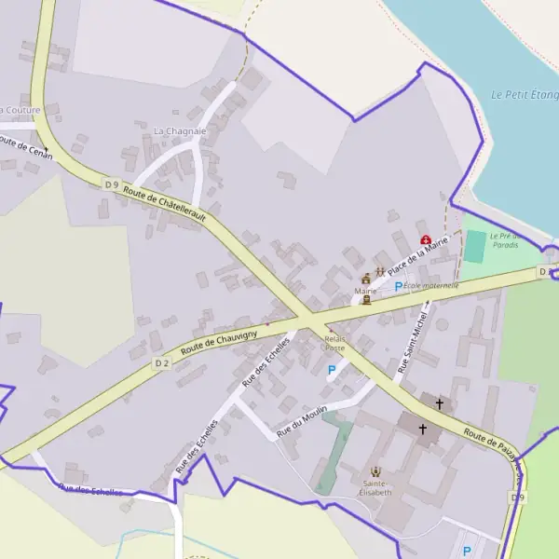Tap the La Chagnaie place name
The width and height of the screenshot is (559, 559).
pyautogui.click(x=179, y=131)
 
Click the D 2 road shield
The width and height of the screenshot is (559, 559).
pyautogui.click(x=162, y=361)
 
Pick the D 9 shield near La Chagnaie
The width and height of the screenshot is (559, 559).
pyautogui.click(x=112, y=184)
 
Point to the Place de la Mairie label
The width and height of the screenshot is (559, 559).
pyautogui.click(x=419, y=256)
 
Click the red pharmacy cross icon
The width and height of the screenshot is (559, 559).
pyautogui.click(x=426, y=239)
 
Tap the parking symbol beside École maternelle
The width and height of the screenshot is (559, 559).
pyautogui.click(x=399, y=286)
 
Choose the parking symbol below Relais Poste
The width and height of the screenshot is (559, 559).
pyautogui.click(x=332, y=370)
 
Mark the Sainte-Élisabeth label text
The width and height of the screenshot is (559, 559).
pyautogui.click(x=375, y=488)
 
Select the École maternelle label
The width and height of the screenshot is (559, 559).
pyautogui.click(x=431, y=286)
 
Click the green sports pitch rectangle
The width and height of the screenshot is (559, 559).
pyautogui.click(x=475, y=247)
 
